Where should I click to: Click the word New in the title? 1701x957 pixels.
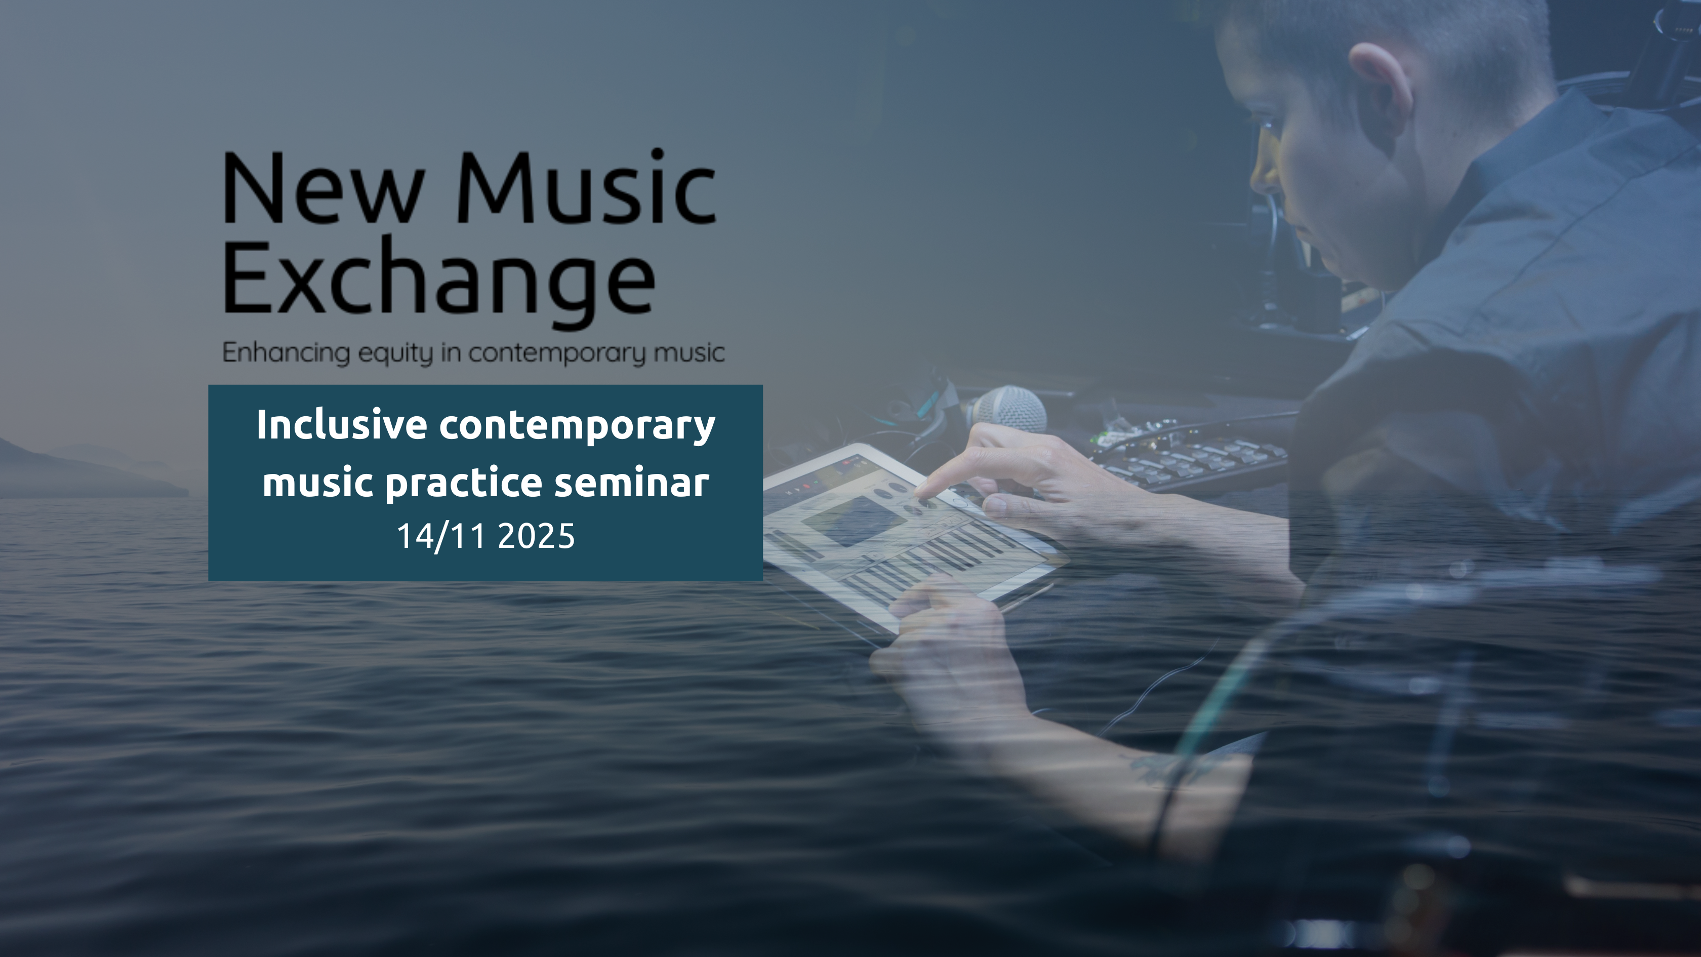tap(323, 189)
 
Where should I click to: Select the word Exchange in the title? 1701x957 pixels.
tap(439, 281)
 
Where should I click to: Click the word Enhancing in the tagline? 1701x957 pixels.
tap(286, 353)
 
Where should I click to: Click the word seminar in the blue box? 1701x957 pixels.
tap(631, 482)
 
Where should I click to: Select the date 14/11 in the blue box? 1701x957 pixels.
tap(441, 536)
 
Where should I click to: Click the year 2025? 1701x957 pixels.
tap(536, 536)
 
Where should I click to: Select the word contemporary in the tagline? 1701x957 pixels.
tap(557, 353)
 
